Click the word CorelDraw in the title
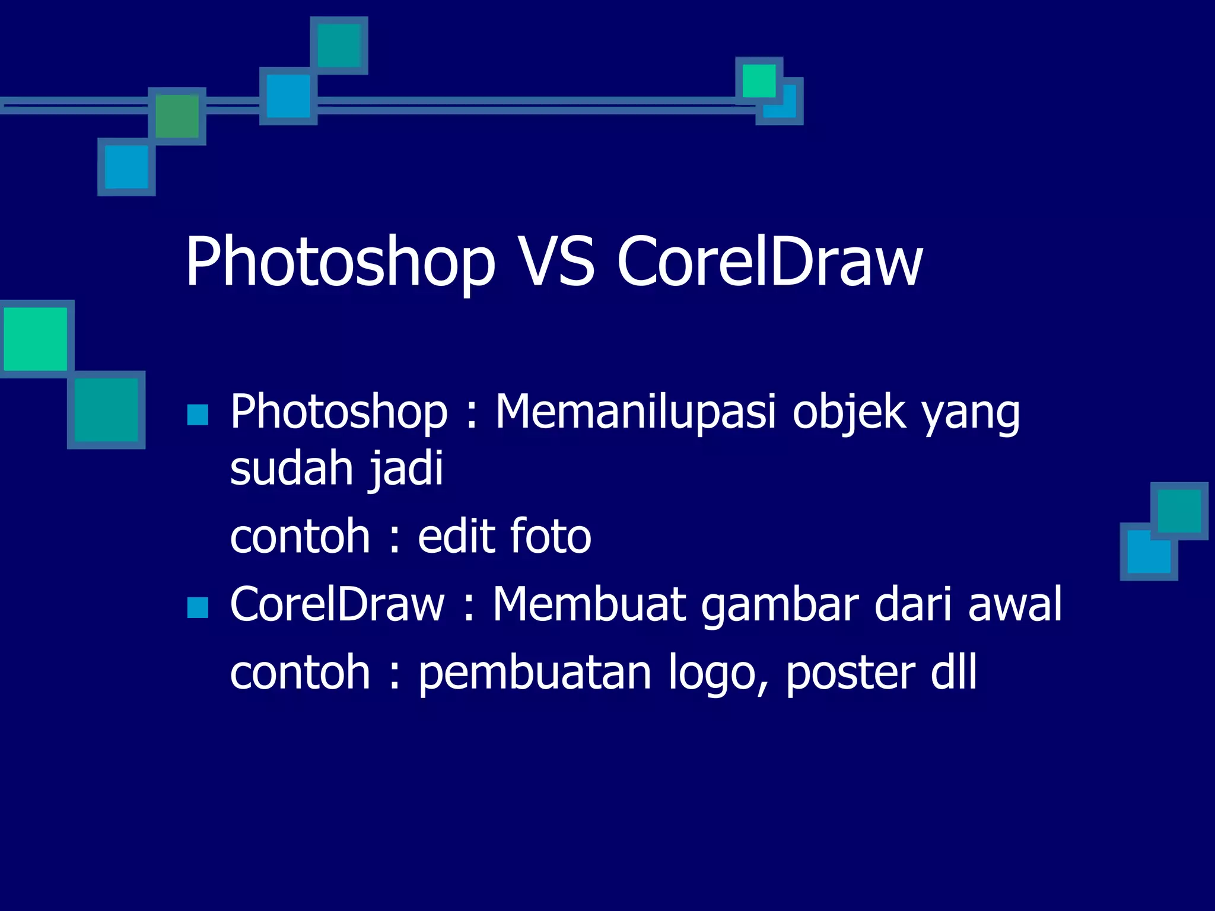(x=769, y=262)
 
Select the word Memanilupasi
(x=635, y=412)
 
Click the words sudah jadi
(x=336, y=469)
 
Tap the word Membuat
(x=589, y=604)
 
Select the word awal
(x=1014, y=604)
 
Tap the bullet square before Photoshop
(x=198, y=415)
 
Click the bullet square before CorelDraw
(x=198, y=607)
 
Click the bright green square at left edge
(x=36, y=339)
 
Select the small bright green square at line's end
(x=759, y=81)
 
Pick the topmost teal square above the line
(x=339, y=46)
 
